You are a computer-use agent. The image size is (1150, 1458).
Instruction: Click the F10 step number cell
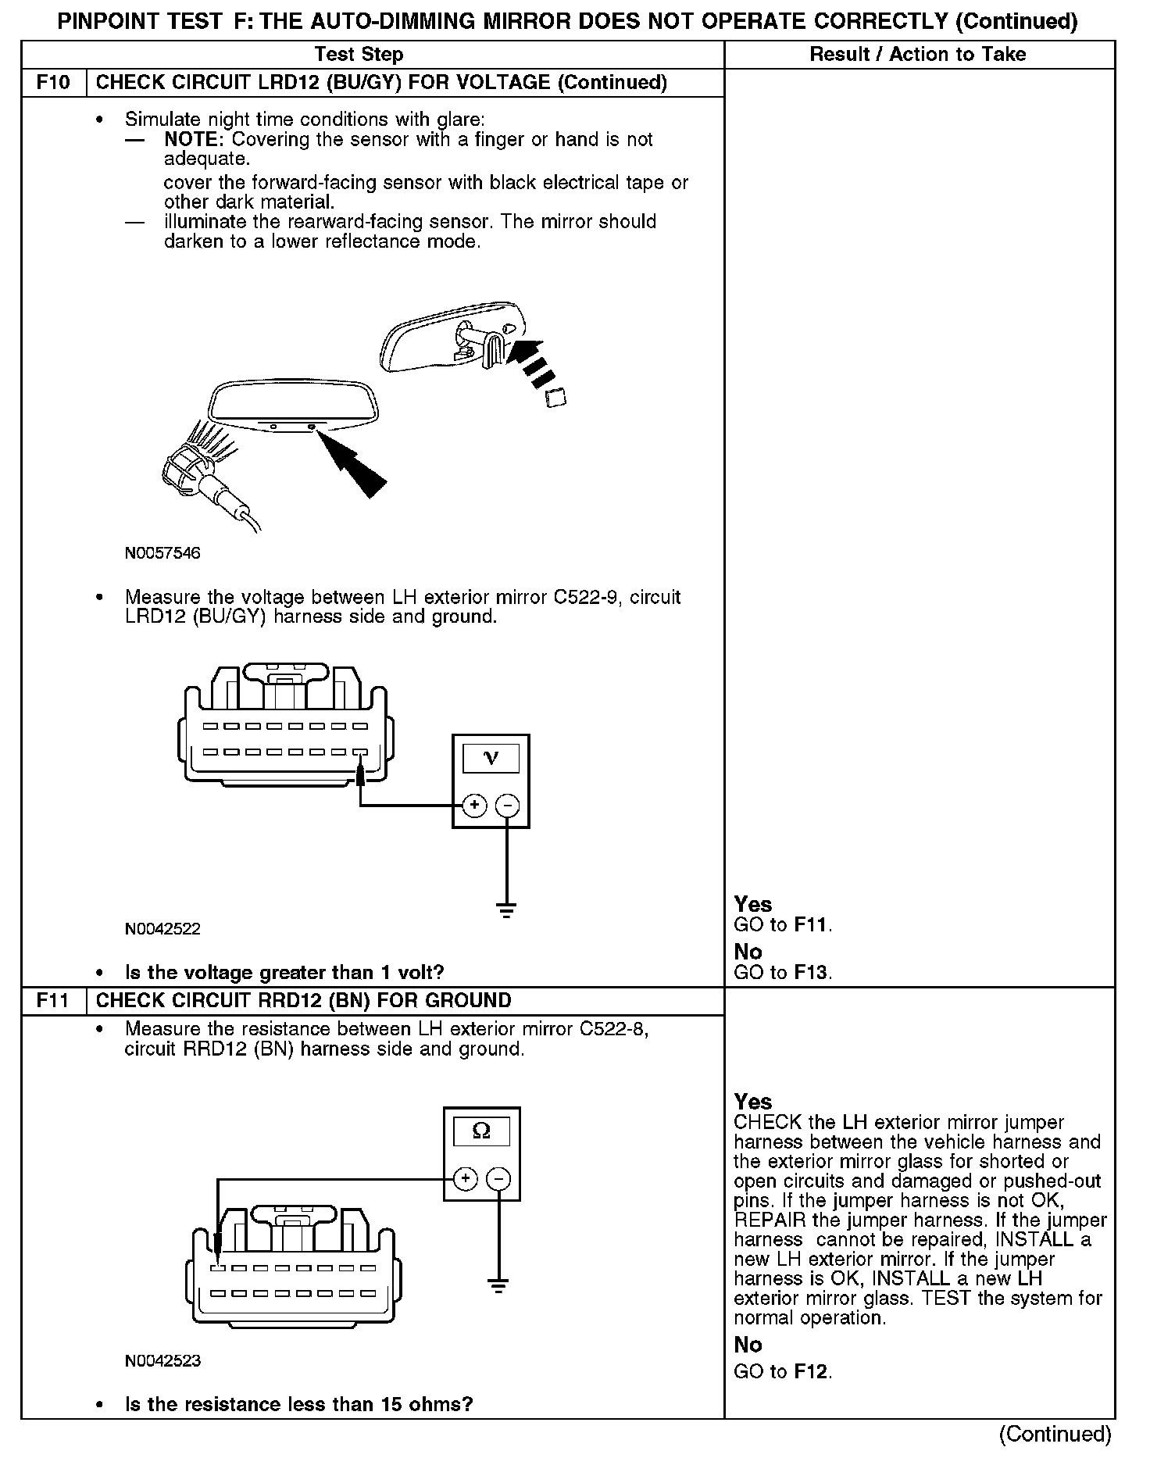pos(53,83)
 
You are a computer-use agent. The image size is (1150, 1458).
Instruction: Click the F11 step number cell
pos(53,1001)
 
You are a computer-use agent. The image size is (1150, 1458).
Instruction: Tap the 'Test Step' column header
pos(359,54)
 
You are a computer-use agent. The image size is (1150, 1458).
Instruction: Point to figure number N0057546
pos(162,553)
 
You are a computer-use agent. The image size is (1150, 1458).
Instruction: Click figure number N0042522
pos(162,929)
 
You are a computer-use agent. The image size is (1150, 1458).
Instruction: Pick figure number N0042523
pos(162,1360)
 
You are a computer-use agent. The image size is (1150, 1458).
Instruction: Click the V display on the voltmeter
pos(491,757)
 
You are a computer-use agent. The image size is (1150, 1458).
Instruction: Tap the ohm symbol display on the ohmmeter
pos(481,1131)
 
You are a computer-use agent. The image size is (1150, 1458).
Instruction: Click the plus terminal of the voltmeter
pos(474,806)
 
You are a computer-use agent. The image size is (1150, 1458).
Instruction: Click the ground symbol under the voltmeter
pos(506,909)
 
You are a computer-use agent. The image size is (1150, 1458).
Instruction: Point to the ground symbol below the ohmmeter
pos(498,1285)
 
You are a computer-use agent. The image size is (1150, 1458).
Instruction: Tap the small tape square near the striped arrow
pos(555,398)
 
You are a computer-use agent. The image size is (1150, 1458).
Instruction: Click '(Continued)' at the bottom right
pos(1055,1434)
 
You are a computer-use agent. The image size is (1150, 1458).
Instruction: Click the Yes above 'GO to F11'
pos(753,905)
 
